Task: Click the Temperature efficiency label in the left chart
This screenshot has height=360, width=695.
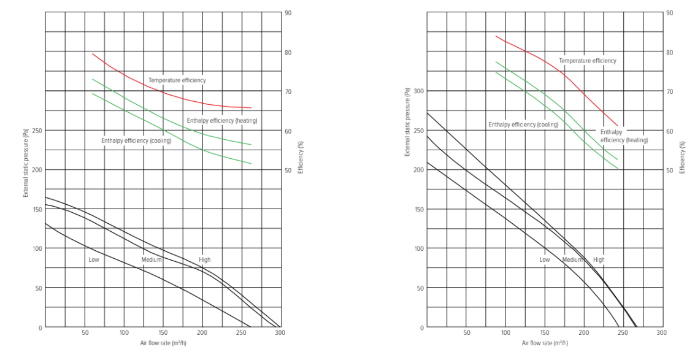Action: coord(177,80)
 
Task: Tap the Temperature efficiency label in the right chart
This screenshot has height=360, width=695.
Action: coord(587,61)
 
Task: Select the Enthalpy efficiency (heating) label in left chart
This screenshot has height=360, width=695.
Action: coord(221,120)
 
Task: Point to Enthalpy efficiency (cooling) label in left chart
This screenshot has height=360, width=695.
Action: coord(136,141)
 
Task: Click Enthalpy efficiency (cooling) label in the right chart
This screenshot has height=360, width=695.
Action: coord(523,124)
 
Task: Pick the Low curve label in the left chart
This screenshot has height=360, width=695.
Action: coord(93,259)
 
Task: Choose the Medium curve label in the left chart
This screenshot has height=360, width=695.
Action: coord(152,259)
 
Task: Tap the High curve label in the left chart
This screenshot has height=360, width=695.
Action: coord(204,260)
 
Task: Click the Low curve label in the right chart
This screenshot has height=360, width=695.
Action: coord(544,259)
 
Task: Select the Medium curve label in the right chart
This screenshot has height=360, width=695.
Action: coord(572,259)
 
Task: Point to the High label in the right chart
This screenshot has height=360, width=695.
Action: coord(599,259)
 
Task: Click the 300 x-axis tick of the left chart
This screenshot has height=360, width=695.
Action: coord(280,333)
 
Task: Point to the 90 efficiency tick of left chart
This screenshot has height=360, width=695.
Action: coord(288,12)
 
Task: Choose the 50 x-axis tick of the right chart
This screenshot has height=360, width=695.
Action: coord(467,333)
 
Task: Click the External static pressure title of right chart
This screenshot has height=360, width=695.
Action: coord(407,121)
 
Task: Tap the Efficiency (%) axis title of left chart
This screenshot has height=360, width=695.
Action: coord(301,157)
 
